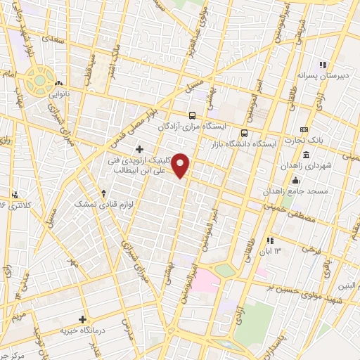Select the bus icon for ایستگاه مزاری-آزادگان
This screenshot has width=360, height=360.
[192, 115]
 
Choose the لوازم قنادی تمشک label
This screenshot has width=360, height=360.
[103, 202]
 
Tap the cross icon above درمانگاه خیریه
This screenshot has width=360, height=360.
[83, 320]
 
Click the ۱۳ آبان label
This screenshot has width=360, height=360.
[274, 250]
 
